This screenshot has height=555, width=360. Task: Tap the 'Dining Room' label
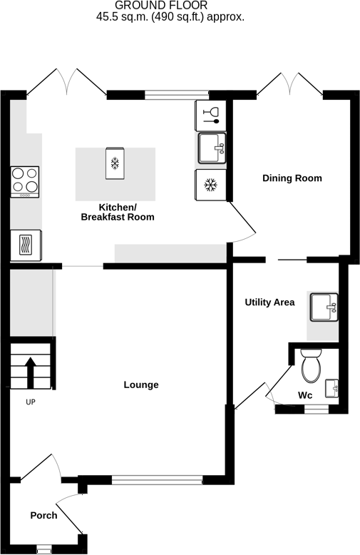[292, 178]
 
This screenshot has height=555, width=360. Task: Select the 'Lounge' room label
[141, 385]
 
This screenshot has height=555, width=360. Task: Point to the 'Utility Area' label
[269, 302]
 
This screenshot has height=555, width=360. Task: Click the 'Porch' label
[43, 515]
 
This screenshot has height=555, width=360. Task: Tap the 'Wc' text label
[305, 395]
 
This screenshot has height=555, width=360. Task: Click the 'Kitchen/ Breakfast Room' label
[118, 212]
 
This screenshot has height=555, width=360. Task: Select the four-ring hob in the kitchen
[25, 181]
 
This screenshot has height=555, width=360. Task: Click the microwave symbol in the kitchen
[26, 246]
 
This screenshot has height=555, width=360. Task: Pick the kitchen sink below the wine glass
[211, 148]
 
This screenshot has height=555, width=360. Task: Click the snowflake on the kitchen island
[114, 164]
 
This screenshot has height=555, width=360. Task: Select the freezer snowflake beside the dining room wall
[210, 185]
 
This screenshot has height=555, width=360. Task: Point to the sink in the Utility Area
[324, 307]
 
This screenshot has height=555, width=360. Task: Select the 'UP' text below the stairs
[31, 402]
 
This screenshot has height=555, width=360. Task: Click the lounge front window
[157, 480]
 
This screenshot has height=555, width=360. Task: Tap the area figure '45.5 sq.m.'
[125, 18]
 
